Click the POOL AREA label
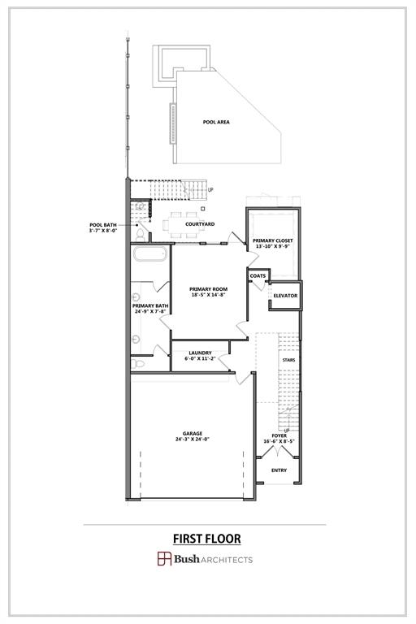(216, 122)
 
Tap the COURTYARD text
(200, 223)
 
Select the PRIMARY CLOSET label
(272, 240)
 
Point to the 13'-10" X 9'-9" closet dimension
(272, 247)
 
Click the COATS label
(258, 275)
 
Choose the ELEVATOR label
(285, 295)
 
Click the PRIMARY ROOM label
(208, 288)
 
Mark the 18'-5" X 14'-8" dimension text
(208, 295)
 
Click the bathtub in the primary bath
(150, 259)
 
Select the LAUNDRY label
(200, 353)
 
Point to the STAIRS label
(288, 359)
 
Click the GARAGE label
(193, 433)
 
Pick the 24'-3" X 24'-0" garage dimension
(193, 440)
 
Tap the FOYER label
(279, 435)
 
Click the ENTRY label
(279, 470)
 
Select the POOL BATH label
(103, 224)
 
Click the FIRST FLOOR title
(206, 539)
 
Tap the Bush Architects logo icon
(163, 558)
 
